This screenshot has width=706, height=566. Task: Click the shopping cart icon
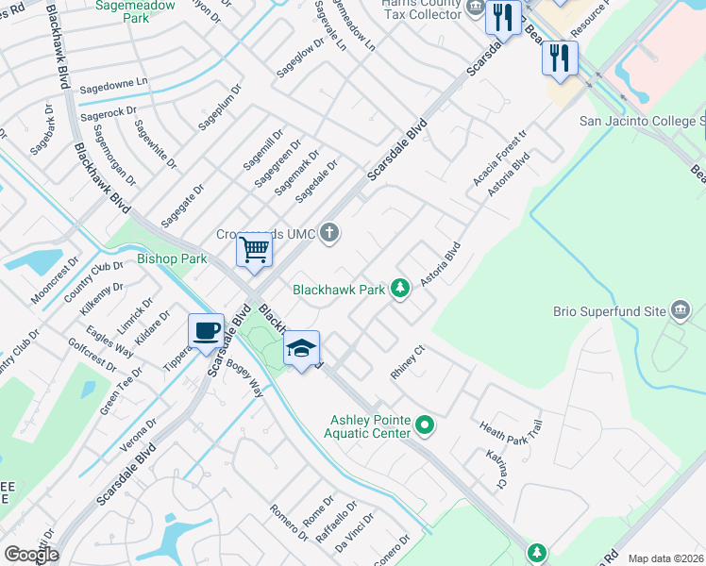click(254, 251)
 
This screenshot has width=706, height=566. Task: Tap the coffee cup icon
click(207, 330)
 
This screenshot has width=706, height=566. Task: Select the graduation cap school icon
click(302, 348)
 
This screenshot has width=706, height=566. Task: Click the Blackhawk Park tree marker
click(400, 288)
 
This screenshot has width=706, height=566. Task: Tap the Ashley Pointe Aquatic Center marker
click(425, 426)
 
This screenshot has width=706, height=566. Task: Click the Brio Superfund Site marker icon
click(680, 309)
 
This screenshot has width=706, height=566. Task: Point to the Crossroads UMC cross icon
click(329, 232)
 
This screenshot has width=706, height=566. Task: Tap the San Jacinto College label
click(642, 121)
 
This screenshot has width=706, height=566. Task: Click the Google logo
click(31, 555)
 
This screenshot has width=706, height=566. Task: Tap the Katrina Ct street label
click(496, 469)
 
